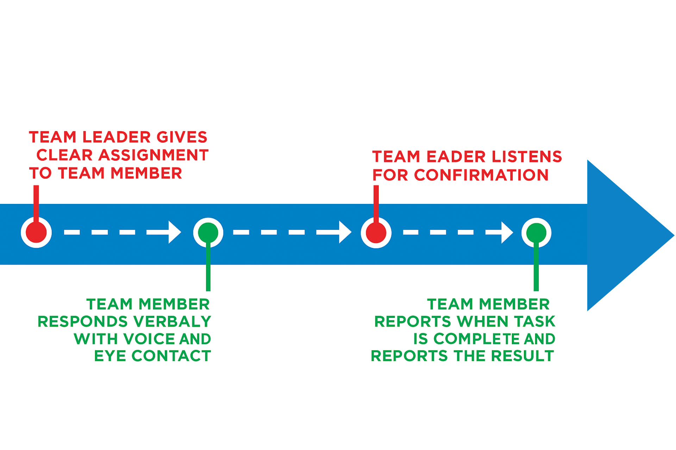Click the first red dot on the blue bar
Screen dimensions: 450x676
click(x=36, y=232)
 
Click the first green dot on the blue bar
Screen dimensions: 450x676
click(x=208, y=232)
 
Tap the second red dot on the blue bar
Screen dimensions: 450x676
click(x=376, y=233)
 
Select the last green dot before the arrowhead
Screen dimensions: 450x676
click(x=536, y=233)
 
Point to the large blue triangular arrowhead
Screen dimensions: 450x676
click(x=623, y=235)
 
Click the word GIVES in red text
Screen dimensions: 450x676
click(x=182, y=137)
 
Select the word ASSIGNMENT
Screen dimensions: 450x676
click(x=153, y=155)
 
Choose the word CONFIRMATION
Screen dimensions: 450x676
click(x=481, y=175)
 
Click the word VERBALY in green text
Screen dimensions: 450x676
click(x=172, y=322)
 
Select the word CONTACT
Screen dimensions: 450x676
click(x=171, y=356)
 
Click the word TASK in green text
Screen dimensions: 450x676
click(x=534, y=322)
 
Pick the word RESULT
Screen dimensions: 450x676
click(x=522, y=356)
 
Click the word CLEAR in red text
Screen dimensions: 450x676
click(x=64, y=155)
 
